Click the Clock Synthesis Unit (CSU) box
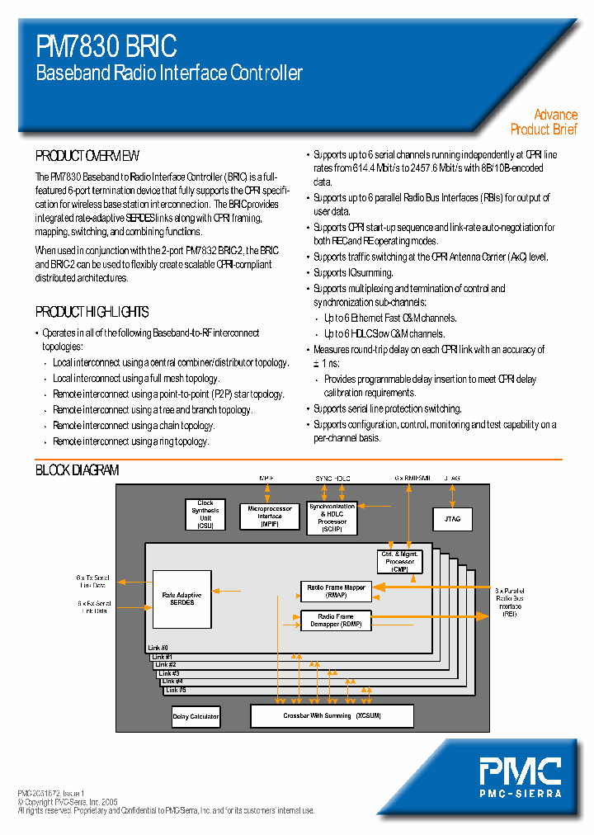tap(205, 515)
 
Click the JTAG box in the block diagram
tap(452, 519)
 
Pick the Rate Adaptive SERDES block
tap(181, 599)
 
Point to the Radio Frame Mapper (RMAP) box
tap(336, 591)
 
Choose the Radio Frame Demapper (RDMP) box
tap(336, 620)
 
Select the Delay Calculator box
tap(196, 716)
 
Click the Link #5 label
tap(175, 689)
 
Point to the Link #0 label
tap(158, 648)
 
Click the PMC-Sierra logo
tap(521, 776)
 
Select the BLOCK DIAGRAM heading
tap(78, 470)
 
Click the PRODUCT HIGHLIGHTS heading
tap(92, 312)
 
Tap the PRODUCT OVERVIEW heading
tap(87, 156)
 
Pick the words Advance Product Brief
tap(544, 122)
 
